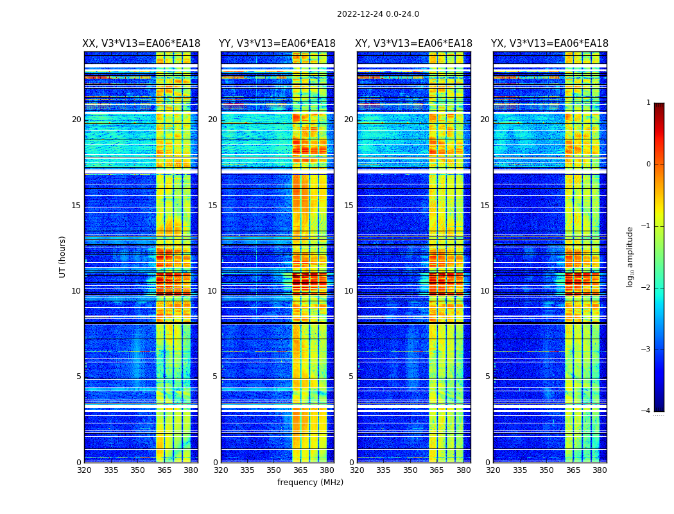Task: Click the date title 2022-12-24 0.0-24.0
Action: (x=377, y=14)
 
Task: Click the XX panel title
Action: (x=141, y=44)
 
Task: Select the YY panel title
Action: (x=277, y=44)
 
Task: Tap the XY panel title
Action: (x=413, y=44)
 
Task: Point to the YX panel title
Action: (x=549, y=44)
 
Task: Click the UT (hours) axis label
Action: (x=63, y=256)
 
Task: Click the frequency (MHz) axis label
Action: (x=310, y=483)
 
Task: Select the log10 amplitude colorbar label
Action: (x=630, y=256)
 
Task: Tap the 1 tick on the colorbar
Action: (x=648, y=103)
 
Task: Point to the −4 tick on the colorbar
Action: (x=646, y=411)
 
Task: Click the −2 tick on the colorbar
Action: (x=646, y=288)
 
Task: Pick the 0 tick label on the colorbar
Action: (x=648, y=164)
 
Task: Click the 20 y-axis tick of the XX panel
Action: (x=76, y=120)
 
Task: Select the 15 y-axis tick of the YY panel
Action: (x=212, y=206)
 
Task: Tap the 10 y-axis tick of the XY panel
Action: (x=349, y=291)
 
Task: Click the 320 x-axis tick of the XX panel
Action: (x=84, y=470)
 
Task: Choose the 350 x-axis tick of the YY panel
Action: (x=274, y=470)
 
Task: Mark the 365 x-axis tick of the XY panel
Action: (x=436, y=470)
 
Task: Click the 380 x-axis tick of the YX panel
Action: (x=600, y=470)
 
